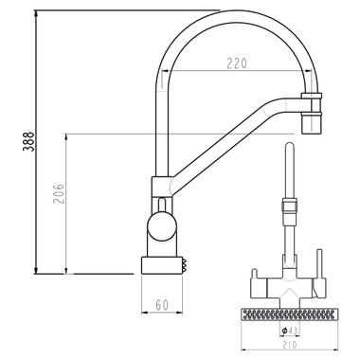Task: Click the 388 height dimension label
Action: (28, 141)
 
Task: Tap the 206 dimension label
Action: (59, 192)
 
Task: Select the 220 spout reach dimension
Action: (237, 63)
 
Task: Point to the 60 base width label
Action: (162, 305)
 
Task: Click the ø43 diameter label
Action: (289, 331)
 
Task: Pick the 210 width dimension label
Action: (290, 344)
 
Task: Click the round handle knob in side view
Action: (161, 227)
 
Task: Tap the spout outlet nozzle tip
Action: (312, 122)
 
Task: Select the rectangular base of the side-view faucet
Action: (162, 265)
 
